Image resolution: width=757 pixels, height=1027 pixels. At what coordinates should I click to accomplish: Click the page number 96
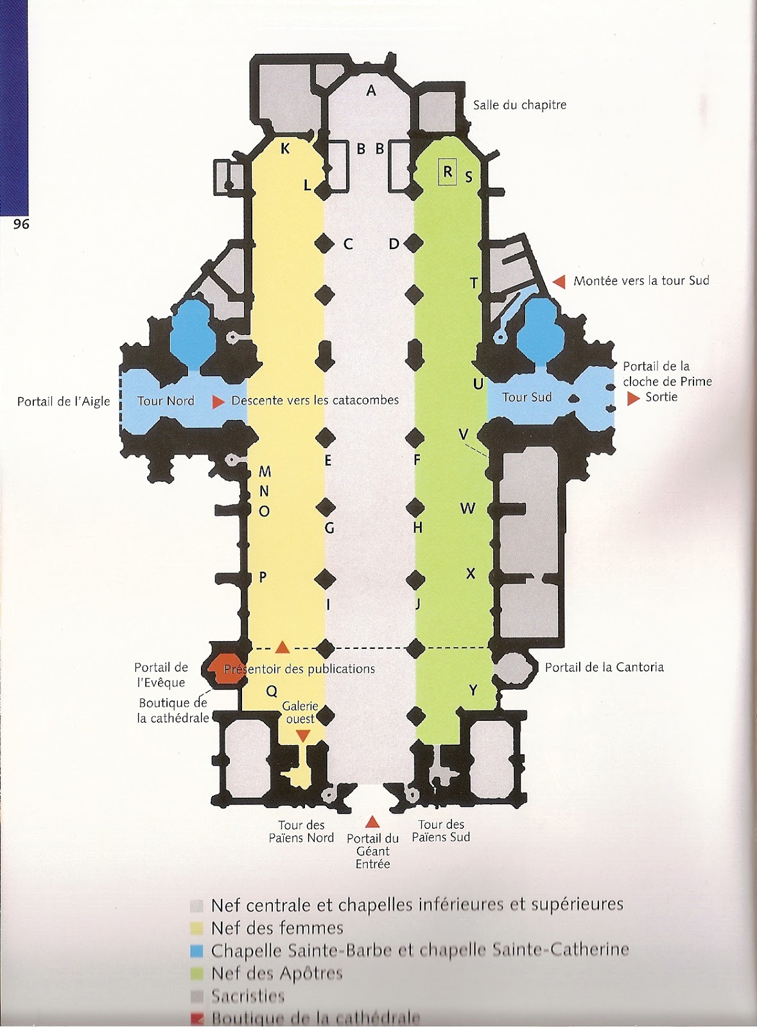pyautogui.click(x=21, y=224)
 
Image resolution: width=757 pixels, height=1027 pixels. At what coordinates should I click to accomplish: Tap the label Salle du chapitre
pyautogui.click(x=519, y=105)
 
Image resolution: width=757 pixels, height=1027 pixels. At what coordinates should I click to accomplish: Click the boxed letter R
pyautogui.click(x=448, y=172)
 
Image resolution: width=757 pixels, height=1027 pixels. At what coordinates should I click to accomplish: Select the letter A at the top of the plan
pyautogui.click(x=371, y=91)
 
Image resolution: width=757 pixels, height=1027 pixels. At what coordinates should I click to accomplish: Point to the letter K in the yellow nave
pyautogui.click(x=285, y=149)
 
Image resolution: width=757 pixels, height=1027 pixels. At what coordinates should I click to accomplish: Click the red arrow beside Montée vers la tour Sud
pyautogui.click(x=559, y=281)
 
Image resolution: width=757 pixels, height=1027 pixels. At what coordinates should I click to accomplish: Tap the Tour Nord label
pyautogui.click(x=166, y=401)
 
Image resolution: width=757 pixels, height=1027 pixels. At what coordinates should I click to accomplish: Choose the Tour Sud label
pyautogui.click(x=526, y=397)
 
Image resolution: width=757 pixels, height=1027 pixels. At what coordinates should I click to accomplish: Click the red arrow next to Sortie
pyautogui.click(x=633, y=399)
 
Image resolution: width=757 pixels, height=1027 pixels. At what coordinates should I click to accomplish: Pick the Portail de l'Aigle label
pyautogui.click(x=64, y=402)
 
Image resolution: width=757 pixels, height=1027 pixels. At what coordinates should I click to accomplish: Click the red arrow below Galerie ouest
pyautogui.click(x=303, y=736)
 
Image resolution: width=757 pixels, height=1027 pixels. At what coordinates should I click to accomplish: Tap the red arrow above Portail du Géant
pyautogui.click(x=372, y=822)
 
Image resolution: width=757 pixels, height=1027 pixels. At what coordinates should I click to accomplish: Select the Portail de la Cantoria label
pyautogui.click(x=604, y=668)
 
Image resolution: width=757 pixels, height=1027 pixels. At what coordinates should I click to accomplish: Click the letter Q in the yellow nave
pyautogui.click(x=272, y=691)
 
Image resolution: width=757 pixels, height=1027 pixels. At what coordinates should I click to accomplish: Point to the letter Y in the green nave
pyautogui.click(x=473, y=691)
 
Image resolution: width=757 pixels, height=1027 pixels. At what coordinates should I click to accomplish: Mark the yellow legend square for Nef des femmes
pyautogui.click(x=197, y=928)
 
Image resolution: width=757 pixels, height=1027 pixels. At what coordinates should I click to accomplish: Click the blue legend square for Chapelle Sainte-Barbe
pyautogui.click(x=197, y=951)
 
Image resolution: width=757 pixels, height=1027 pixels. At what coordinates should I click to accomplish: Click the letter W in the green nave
pyautogui.click(x=467, y=509)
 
